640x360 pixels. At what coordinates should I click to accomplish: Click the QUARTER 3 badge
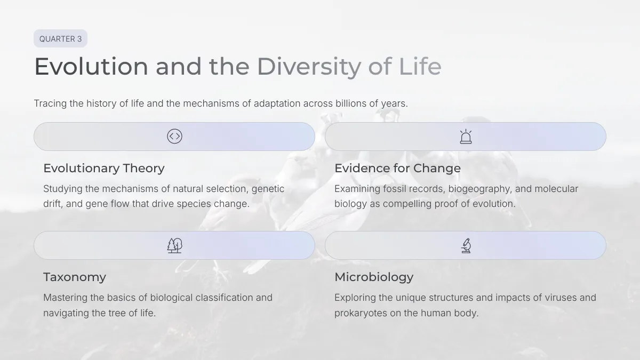(61, 38)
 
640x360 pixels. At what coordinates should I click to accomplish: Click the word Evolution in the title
(91, 67)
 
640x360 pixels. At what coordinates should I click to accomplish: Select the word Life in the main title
(420, 66)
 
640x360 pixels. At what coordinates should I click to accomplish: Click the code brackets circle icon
(174, 137)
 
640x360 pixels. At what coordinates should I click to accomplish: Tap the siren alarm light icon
(466, 137)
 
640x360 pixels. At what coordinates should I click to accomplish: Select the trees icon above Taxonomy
(174, 245)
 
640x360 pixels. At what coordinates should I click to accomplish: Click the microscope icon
(466, 245)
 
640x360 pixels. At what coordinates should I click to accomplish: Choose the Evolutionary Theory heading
(104, 169)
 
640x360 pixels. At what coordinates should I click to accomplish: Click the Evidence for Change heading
(397, 169)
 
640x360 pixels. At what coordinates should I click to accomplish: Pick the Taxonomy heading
(75, 277)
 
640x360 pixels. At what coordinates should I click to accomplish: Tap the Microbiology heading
(374, 277)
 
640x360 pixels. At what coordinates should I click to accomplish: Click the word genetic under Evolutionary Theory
(268, 189)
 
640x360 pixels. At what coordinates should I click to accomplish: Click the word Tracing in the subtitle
(50, 103)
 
